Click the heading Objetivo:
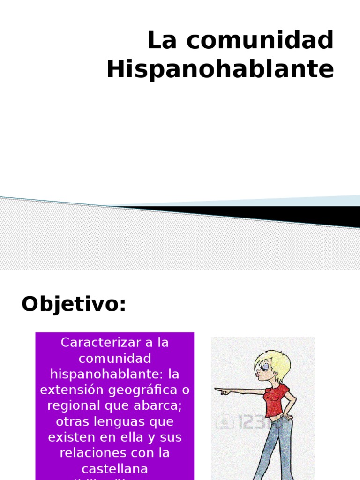[x=74, y=305]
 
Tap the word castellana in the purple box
[x=115, y=469]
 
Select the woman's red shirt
[x=276, y=401]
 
